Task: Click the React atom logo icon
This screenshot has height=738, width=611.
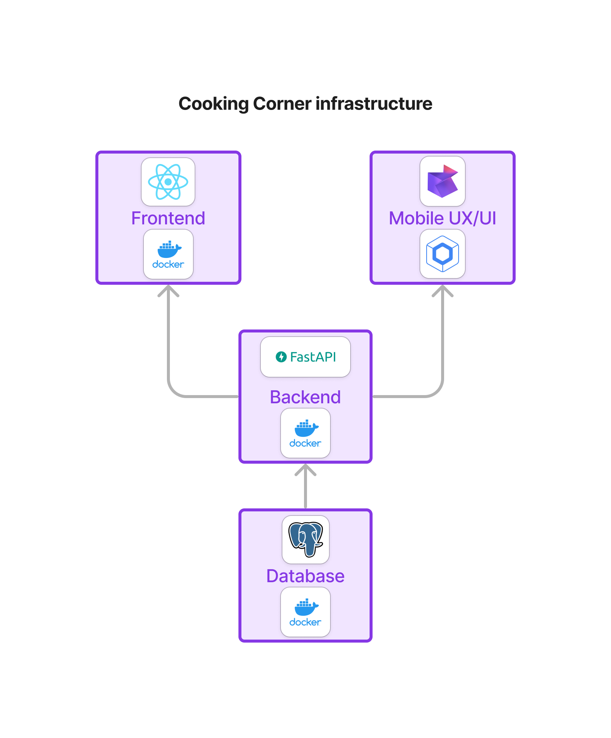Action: coord(168,182)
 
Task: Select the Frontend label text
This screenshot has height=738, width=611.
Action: coord(168,218)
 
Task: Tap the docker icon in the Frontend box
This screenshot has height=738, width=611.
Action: coord(168,254)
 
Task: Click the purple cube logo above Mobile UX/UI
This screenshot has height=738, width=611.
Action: coord(443,182)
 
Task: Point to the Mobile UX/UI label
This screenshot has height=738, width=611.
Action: coord(443,218)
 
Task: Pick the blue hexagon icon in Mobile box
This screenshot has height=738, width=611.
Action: coord(443,254)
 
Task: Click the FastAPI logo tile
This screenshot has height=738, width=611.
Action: coord(305,357)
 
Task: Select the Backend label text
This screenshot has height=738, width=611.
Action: coord(305,397)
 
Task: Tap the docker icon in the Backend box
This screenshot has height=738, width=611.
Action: coord(305,433)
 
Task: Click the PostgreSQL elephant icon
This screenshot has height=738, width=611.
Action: coord(305,539)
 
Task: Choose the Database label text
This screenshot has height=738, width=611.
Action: coord(305,576)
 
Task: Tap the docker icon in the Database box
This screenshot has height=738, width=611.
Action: coord(305,612)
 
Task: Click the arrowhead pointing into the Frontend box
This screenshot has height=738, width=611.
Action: coord(168,290)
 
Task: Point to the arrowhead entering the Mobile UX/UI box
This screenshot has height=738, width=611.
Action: coord(443,290)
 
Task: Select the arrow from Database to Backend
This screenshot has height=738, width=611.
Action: coord(305,488)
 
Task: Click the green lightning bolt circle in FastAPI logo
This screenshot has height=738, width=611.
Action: coord(281,357)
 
